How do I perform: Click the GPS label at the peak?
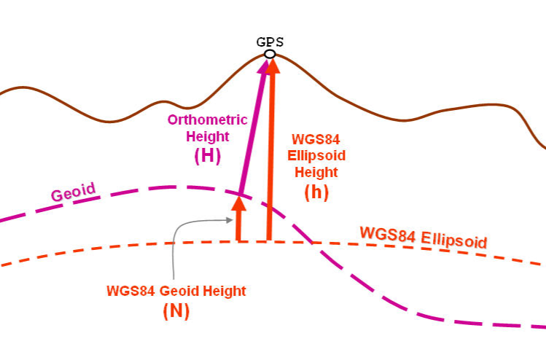[270, 42]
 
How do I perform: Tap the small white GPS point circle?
[270, 54]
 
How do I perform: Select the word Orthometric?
[208, 120]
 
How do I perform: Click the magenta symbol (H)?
[208, 155]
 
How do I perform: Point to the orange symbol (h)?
[317, 193]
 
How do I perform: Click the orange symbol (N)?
[176, 310]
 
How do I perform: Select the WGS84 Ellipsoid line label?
[423, 238]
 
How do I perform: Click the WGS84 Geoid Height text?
[176, 291]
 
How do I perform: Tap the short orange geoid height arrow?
[238, 222]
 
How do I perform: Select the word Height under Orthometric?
[208, 136]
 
